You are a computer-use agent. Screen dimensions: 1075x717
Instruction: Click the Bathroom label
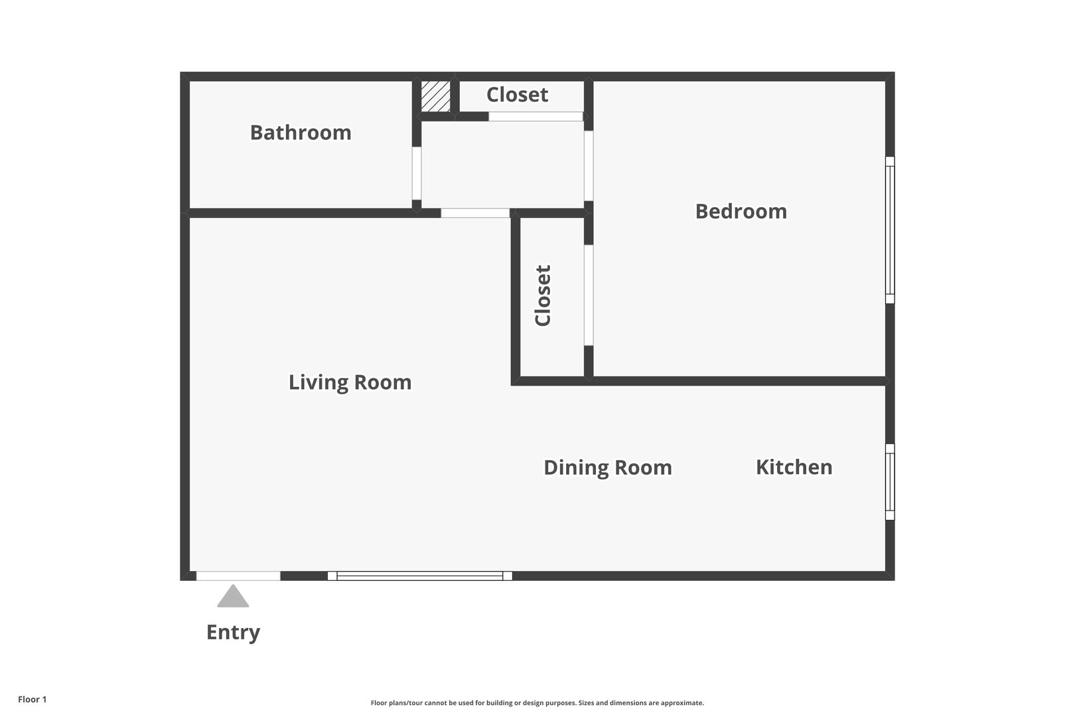tap(301, 133)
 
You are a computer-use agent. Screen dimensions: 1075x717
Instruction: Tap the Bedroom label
tap(741, 212)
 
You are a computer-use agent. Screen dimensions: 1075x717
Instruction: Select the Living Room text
tap(350, 383)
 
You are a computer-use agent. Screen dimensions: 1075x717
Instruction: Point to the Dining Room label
tap(608, 468)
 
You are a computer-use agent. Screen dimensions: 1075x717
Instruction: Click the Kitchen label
tap(794, 467)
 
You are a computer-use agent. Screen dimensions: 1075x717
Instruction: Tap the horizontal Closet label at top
tap(517, 95)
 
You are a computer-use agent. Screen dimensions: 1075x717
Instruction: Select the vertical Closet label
tap(543, 295)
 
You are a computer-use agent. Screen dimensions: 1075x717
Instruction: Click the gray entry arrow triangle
tap(233, 596)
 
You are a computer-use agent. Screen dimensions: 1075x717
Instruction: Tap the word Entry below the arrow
tap(233, 633)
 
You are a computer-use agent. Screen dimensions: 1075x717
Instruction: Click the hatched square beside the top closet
tap(435, 96)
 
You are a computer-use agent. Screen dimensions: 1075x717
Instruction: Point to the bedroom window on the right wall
tap(890, 230)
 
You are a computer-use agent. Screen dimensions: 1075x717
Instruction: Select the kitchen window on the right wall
tap(890, 482)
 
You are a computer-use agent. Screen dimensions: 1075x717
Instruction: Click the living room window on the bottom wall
tap(420, 576)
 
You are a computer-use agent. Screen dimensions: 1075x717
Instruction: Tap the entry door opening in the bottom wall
tap(238, 576)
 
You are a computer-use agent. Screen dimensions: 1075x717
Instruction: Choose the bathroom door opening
tap(417, 173)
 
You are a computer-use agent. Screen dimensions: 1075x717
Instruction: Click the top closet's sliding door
tap(536, 116)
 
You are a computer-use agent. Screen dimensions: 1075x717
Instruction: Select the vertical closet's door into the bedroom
tap(589, 295)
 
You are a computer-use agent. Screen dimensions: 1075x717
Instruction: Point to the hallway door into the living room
tap(475, 212)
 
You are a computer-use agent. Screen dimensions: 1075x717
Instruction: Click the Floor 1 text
tap(32, 699)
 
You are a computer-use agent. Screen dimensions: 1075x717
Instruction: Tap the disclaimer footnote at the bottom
tap(537, 702)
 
